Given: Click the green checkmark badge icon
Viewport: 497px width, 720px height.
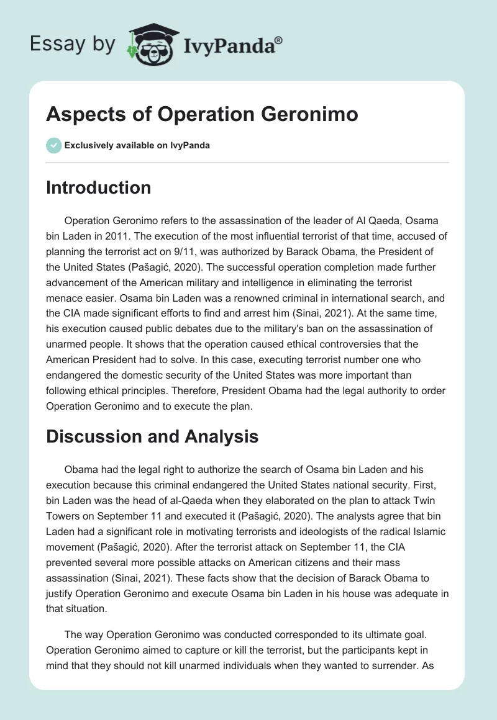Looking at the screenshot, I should [53, 145].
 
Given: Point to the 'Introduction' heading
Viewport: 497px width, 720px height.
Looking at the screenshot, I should [98, 187].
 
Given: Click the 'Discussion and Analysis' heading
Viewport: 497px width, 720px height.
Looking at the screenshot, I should [152, 437].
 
